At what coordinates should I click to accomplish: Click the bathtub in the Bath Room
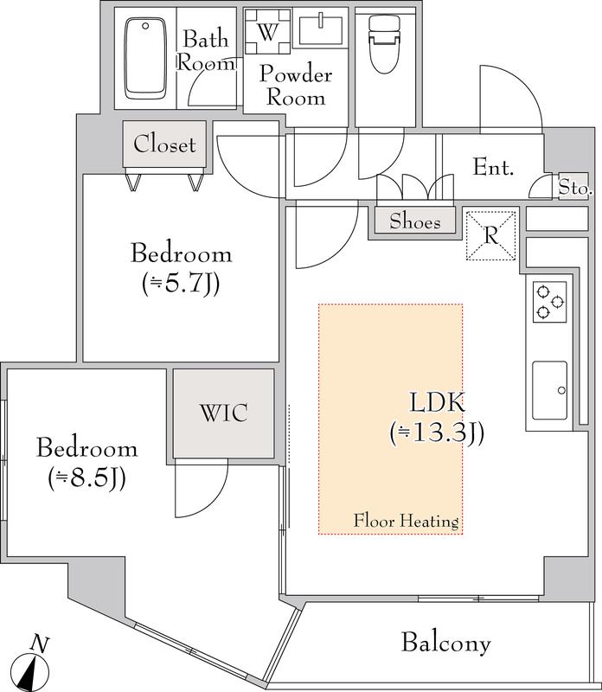145,58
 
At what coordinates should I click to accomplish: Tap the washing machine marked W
267,31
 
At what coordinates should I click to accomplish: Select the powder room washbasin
320,29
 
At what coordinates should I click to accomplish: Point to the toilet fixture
383,44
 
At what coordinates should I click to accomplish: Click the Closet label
164,144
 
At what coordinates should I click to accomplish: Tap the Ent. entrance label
493,167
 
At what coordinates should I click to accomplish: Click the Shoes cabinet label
415,221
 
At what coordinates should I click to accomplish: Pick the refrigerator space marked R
491,235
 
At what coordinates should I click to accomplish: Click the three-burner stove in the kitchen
550,302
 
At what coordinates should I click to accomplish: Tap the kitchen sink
550,390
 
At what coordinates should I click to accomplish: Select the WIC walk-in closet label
224,413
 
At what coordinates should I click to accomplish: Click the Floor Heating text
406,522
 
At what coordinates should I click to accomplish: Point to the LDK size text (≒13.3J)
437,433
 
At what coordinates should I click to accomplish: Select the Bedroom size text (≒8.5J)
87,478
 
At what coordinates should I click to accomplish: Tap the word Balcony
445,643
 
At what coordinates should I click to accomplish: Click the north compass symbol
30,670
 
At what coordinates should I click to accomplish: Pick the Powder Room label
296,85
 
